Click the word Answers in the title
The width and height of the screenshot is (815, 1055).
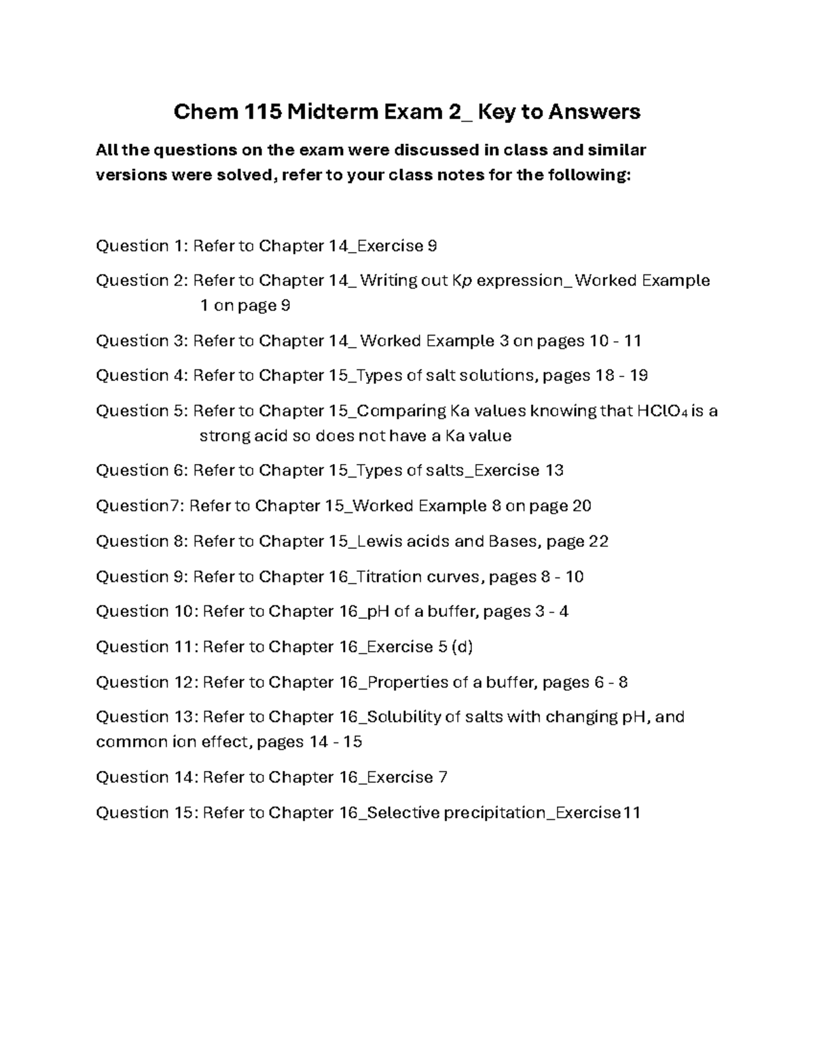tap(594, 111)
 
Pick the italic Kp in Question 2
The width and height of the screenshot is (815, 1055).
tap(461, 281)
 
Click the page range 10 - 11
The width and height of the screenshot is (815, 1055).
tap(615, 340)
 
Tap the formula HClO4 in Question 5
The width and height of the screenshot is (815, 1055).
tap(662, 411)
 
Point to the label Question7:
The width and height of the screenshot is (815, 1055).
tap(139, 505)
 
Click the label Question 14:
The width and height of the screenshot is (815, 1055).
tap(146, 776)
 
